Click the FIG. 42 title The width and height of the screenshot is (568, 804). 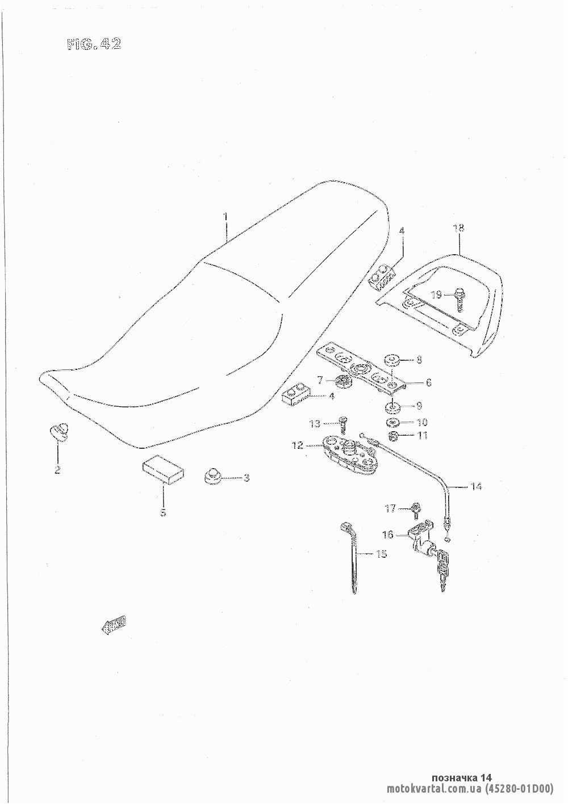click(x=94, y=45)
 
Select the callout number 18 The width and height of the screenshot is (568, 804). click(x=458, y=228)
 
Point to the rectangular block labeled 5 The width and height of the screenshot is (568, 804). click(x=163, y=470)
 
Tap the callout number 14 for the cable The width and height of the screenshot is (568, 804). click(x=476, y=486)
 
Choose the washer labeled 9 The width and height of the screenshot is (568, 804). click(x=391, y=406)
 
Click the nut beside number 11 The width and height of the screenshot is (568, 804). click(x=392, y=436)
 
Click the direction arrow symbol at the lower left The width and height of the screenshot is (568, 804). click(x=114, y=625)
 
